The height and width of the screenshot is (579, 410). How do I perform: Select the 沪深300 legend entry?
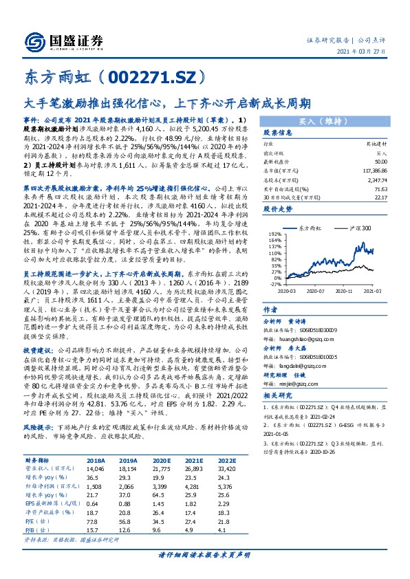[354, 227]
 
